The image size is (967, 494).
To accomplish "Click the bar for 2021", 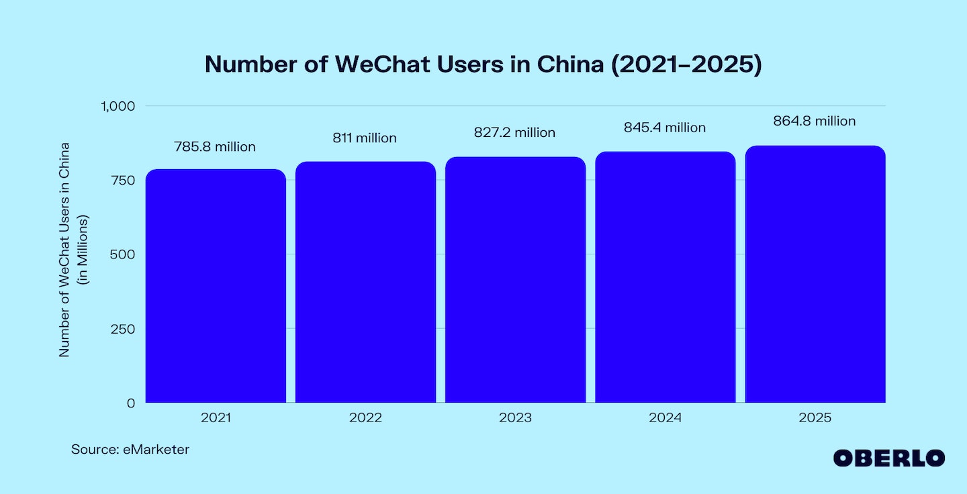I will [216, 286].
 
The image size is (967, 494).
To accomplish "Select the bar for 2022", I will [365, 282].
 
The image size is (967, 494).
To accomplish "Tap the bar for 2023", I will [515, 279].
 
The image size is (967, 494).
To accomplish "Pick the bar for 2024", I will [665, 277].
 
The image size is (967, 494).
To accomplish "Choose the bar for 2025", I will [815, 274].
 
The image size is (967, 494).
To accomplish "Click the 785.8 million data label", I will [215, 147].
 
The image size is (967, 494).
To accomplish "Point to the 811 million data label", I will [365, 138].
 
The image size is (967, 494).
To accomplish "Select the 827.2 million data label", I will [515, 133].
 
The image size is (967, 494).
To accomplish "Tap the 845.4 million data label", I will [665, 128].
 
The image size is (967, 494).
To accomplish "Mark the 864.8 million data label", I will [815, 121].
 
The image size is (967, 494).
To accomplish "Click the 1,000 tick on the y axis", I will [118, 106].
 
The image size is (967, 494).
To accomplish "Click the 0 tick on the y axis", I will [131, 403].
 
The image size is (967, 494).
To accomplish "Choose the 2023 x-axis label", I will [515, 417].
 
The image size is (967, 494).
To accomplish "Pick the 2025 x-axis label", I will [815, 417].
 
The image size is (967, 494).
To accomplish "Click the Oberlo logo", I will [888, 458].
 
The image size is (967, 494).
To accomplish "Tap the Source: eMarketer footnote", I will [130, 450].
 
